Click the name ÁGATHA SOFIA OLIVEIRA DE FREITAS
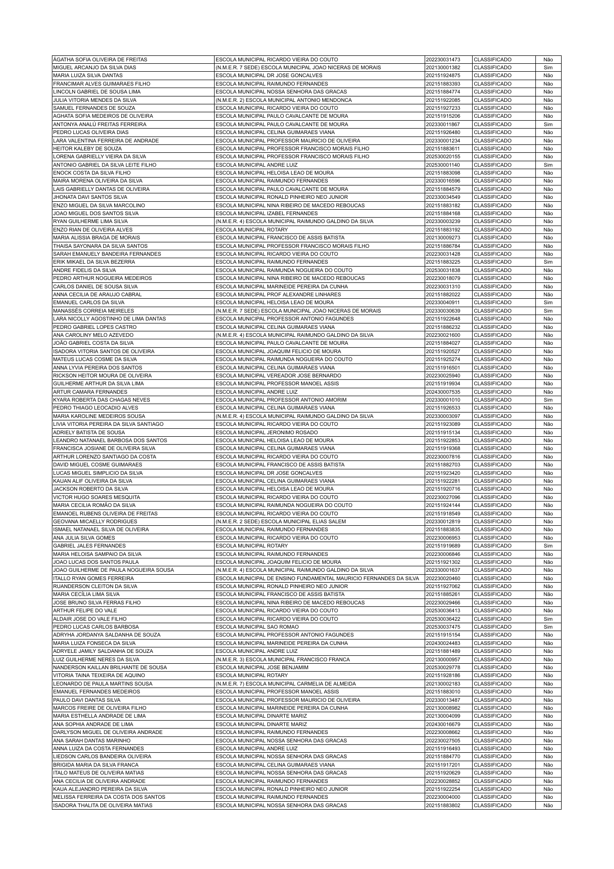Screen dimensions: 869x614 coord(100,59)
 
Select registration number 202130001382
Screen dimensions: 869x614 coord(443,67)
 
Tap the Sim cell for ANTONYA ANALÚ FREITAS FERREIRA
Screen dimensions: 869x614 coord(548,124)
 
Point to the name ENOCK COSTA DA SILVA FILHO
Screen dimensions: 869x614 coord(92,173)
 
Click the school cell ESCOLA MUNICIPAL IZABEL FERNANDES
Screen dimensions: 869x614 coord(260,213)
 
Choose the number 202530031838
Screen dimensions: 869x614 coord(443,270)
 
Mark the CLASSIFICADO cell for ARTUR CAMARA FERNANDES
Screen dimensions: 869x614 coord(492,392)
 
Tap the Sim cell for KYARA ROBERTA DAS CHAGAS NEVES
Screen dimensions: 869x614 coord(548,400)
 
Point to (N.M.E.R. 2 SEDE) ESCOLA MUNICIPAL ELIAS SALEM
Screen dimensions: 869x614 coord(281,521)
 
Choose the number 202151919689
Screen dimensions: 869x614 coord(443,546)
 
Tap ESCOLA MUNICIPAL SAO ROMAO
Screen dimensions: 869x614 coord(257,627)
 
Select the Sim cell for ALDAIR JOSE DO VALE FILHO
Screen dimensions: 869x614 coord(548,619)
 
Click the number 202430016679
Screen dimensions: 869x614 coord(443,724)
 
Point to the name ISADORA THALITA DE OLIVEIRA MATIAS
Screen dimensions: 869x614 coord(103,805)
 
